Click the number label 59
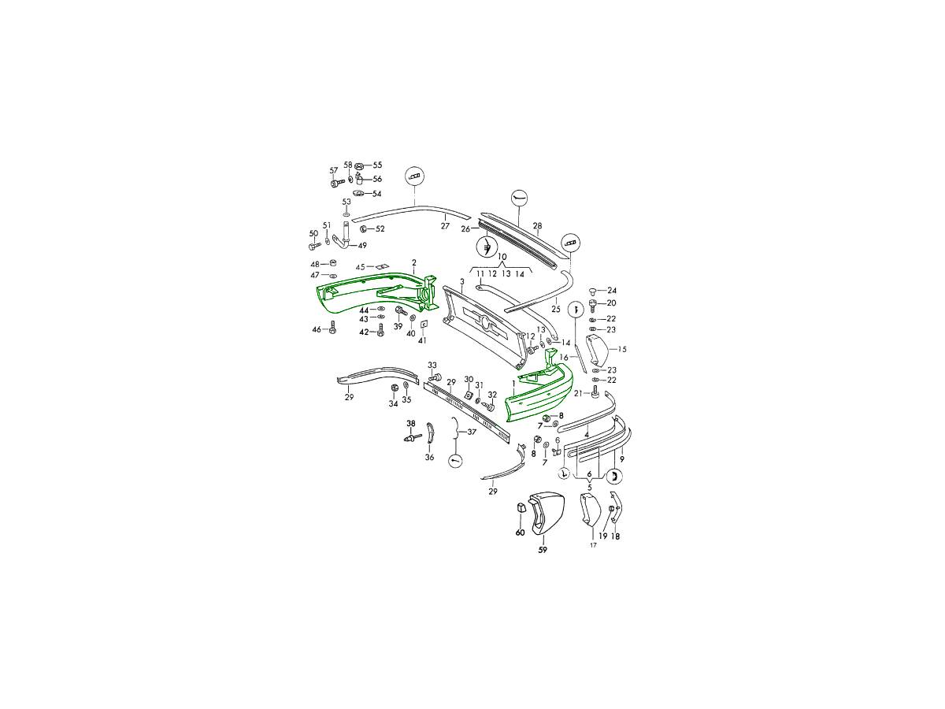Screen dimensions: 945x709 tap(543, 550)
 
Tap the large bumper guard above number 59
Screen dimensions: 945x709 tap(543, 512)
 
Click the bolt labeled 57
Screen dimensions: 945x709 tap(337, 184)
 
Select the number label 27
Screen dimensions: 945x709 tap(445, 225)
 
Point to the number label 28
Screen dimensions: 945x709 tap(537, 225)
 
